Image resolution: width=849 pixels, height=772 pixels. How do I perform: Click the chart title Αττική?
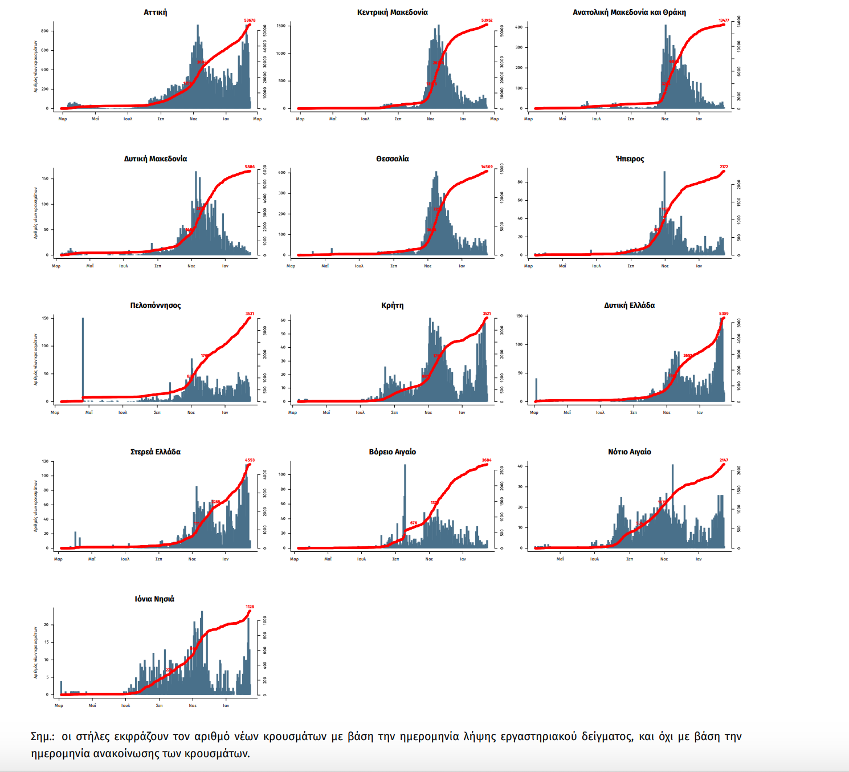[x=155, y=12]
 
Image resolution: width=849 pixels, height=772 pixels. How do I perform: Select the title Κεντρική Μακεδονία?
[x=392, y=12]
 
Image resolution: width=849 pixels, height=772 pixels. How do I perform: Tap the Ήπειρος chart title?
[x=630, y=159]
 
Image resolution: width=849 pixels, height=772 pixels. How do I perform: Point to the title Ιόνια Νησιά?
[x=154, y=599]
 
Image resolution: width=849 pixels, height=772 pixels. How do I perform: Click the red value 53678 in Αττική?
[x=250, y=21]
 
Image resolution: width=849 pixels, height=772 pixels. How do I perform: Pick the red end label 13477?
[x=724, y=21]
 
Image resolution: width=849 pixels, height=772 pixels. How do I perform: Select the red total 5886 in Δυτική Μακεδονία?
[x=250, y=167]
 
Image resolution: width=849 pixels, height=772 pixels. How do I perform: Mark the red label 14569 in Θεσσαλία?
[x=487, y=167]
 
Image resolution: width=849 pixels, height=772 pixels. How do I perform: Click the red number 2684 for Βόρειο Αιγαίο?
[x=487, y=460]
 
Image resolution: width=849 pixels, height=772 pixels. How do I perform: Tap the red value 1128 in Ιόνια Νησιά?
[x=250, y=607]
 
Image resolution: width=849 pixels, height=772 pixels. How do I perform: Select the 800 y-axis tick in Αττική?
[x=45, y=31]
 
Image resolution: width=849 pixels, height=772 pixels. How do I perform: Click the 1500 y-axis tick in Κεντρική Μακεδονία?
[x=281, y=26]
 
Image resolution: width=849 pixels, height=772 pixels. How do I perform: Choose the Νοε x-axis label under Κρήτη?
[x=428, y=412]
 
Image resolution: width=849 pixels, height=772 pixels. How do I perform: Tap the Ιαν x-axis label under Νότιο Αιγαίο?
[x=699, y=559]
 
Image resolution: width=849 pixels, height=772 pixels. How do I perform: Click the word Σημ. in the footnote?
[x=42, y=737]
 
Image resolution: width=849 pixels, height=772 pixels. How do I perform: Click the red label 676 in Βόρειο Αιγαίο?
[x=413, y=523]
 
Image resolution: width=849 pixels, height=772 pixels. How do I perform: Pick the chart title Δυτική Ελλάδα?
[x=629, y=305]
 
